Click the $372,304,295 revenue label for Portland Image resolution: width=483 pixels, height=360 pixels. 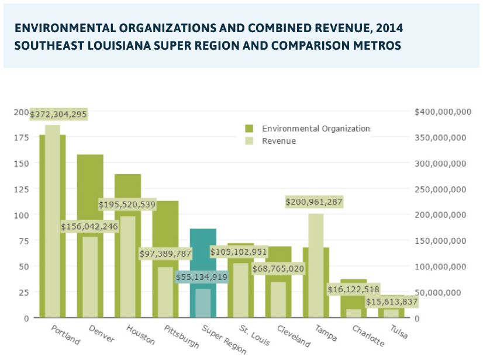coord(58,115)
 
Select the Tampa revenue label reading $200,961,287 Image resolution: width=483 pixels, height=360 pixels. coord(314,202)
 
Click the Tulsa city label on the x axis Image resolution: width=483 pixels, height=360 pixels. coord(399,331)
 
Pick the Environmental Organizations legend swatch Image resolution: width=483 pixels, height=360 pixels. coord(249,129)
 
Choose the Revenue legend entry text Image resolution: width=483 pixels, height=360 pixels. coord(279,141)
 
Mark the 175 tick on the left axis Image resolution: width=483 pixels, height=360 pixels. coord(22,137)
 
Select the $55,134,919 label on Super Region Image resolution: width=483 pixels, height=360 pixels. coord(202,277)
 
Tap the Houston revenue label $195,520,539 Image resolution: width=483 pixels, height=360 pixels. coord(127,205)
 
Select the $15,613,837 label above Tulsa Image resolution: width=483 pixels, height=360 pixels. coord(392,302)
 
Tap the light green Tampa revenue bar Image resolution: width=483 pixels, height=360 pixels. coord(316,263)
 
